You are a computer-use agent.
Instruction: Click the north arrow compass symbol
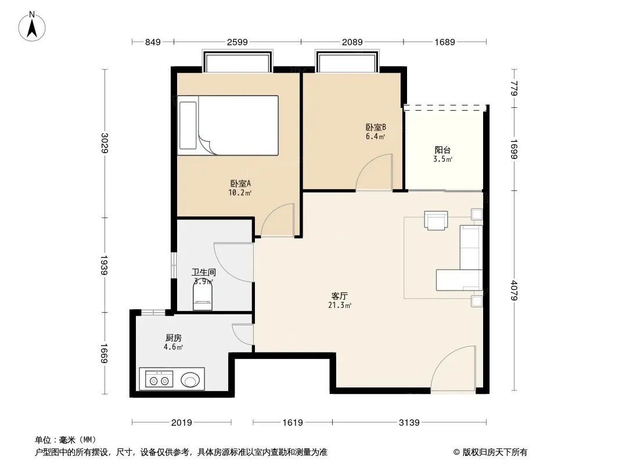tap(32, 26)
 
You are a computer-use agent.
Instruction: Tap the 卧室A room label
tap(240, 183)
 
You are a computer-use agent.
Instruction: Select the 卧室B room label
tap(376, 127)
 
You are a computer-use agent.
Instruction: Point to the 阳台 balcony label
tap(442, 150)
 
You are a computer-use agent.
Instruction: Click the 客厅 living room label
tap(340, 296)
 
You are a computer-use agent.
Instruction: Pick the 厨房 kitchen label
tap(173, 338)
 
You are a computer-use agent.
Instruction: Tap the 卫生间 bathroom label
tap(204, 272)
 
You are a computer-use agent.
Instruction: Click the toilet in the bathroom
tap(203, 297)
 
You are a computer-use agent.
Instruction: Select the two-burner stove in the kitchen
tap(159, 379)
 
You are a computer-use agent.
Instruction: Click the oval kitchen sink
tap(190, 380)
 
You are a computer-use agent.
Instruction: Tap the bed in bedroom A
tap(228, 125)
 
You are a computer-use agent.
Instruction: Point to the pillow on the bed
tap(188, 125)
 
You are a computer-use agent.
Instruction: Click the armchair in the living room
tap(436, 220)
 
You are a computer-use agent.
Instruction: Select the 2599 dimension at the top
tap(237, 42)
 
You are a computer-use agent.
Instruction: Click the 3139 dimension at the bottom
tap(409, 423)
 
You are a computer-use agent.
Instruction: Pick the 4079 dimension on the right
tap(513, 290)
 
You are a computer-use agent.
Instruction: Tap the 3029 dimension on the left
tap(105, 143)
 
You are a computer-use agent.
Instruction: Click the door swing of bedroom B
tap(374, 172)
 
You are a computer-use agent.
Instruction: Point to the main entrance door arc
tap(453, 369)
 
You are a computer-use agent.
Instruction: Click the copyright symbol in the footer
tap(456, 452)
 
